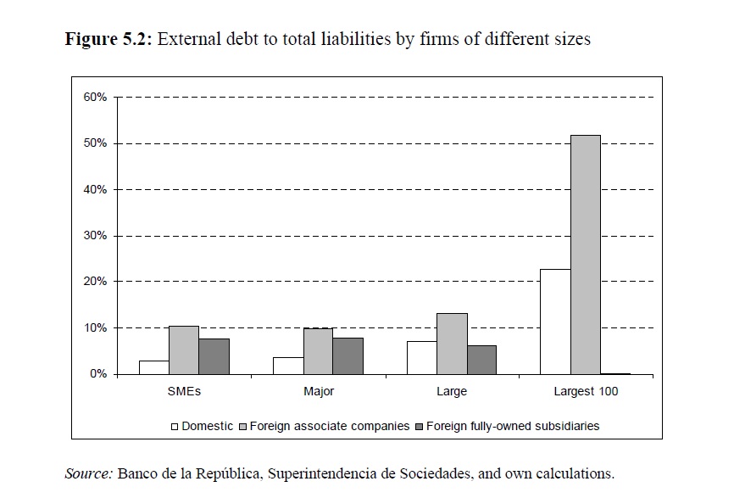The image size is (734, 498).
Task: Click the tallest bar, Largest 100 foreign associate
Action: tap(585, 255)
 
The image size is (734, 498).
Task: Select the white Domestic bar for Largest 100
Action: tap(555, 322)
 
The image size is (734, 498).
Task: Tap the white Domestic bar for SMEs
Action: tap(153, 367)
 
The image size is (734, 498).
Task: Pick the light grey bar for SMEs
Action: tap(184, 350)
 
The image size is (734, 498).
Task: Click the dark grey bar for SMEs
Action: tap(214, 356)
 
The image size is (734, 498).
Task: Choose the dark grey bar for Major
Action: tap(348, 355)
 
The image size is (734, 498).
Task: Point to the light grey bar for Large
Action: tap(452, 344)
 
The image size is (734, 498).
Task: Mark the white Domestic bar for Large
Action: tap(421, 357)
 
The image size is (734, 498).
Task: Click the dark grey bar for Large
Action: tap(481, 360)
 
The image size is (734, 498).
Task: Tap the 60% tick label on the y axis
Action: tap(95, 98)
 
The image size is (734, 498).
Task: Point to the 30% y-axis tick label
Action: tap(95, 236)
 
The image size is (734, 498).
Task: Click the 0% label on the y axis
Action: tap(98, 374)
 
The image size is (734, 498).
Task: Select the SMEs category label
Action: tap(184, 392)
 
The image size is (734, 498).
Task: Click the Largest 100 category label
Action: tap(586, 392)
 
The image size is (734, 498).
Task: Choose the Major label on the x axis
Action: tap(318, 392)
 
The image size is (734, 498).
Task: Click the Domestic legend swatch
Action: tap(175, 426)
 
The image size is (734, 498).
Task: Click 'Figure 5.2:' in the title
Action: tap(108, 39)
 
